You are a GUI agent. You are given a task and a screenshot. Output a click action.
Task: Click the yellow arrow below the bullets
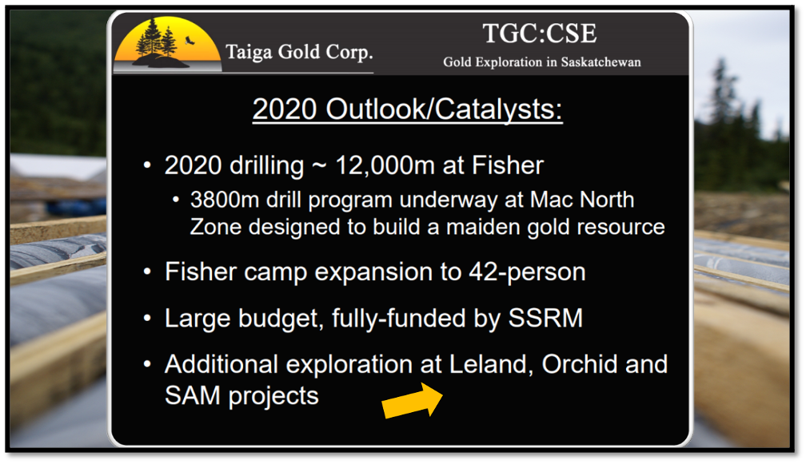click(x=413, y=401)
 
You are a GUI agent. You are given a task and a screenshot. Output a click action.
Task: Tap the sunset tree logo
click(x=168, y=45)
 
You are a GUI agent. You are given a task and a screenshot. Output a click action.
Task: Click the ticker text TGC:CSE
click(x=540, y=34)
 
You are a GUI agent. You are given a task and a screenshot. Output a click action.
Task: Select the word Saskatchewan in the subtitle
click(x=601, y=62)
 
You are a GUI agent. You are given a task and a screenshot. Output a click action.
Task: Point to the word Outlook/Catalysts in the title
click(x=444, y=109)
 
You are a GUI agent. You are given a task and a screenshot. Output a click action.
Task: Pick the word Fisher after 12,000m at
click(x=507, y=165)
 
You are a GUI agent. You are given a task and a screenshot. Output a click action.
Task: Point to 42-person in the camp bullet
click(x=527, y=272)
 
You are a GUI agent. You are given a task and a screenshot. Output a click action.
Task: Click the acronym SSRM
click(x=545, y=318)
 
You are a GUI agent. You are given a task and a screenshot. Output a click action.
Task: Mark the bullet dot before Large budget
click(x=147, y=319)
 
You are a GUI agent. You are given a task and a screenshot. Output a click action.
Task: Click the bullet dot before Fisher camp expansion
click(x=147, y=272)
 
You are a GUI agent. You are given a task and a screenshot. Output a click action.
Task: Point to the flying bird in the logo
click(x=190, y=40)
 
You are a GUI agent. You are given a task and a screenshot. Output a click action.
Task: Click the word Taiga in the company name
click(x=249, y=53)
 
